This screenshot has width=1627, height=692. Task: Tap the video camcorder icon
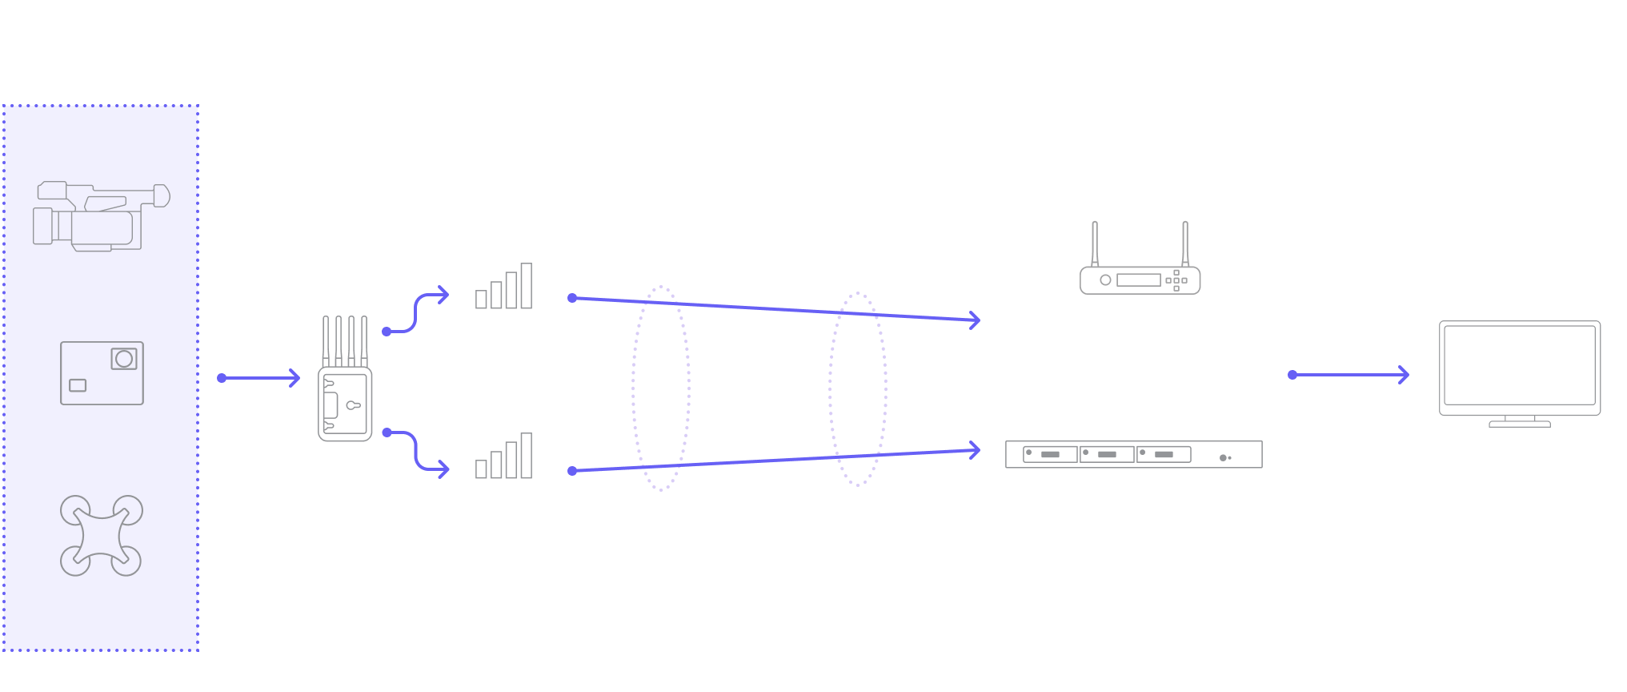pyautogui.click(x=101, y=216)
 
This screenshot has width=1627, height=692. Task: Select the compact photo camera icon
pyautogui.click(x=102, y=373)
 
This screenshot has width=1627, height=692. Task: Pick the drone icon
pyautogui.click(x=102, y=535)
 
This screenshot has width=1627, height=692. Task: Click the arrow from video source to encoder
pyautogui.click(x=259, y=378)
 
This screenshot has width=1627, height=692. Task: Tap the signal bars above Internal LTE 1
pyautogui.click(x=504, y=287)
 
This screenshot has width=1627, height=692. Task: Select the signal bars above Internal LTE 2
pyautogui.click(x=504, y=457)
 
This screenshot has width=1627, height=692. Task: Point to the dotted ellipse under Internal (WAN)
pyautogui.click(x=661, y=388)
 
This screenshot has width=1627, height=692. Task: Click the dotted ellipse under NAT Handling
pyautogui.click(x=858, y=389)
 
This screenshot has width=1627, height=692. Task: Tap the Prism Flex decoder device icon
pyautogui.click(x=1140, y=260)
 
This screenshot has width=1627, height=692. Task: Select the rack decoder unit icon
pyautogui.click(x=1133, y=454)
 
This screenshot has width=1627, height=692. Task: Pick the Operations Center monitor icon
pyautogui.click(x=1519, y=372)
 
